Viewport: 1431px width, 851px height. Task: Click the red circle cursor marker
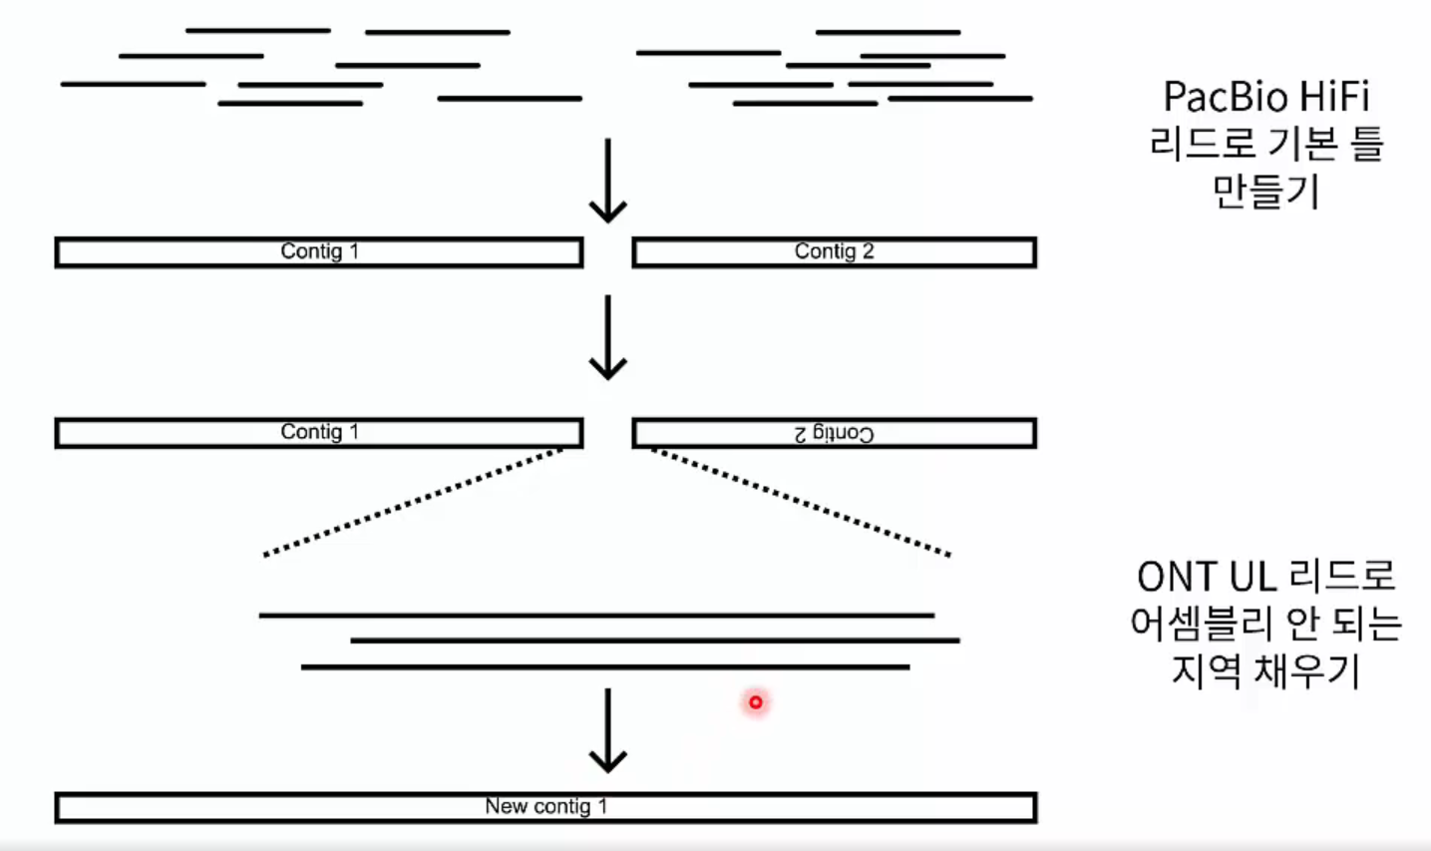click(756, 702)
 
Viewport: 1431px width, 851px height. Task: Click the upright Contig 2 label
click(834, 251)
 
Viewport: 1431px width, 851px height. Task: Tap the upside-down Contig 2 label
click(834, 433)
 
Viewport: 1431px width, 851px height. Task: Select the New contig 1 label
click(545, 806)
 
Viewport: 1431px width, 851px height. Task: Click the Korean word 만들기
click(1265, 190)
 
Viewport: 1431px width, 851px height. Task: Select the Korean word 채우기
click(1306, 670)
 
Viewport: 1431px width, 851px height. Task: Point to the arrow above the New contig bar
click(607, 730)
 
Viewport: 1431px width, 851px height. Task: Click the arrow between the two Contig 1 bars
click(607, 337)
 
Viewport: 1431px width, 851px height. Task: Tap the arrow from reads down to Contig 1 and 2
click(607, 181)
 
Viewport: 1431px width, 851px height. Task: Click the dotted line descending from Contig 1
click(414, 502)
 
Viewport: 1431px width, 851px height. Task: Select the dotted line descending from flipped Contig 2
click(801, 502)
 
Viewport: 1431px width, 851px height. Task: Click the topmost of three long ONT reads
click(596, 616)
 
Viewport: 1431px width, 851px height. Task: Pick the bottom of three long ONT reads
click(604, 666)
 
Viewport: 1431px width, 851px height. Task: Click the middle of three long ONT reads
click(654, 640)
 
